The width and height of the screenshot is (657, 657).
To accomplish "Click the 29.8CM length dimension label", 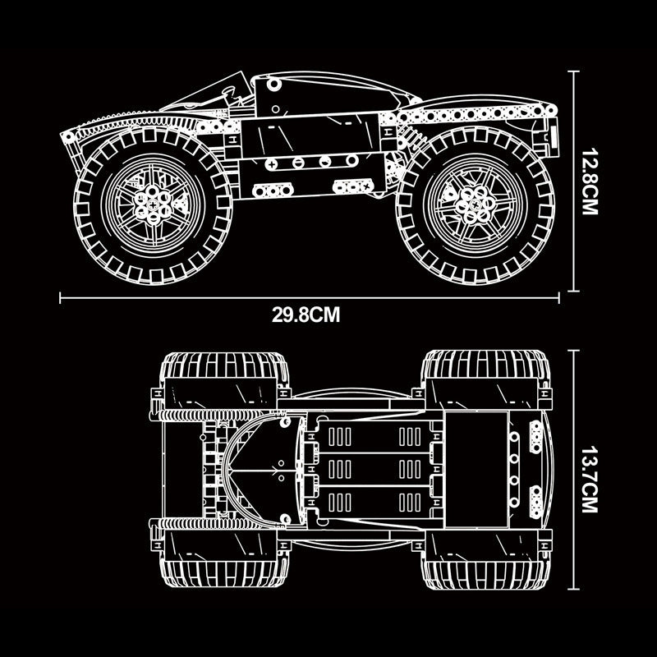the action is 306,315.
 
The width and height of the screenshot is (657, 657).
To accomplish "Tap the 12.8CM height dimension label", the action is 590,181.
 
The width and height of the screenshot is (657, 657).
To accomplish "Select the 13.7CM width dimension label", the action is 590,479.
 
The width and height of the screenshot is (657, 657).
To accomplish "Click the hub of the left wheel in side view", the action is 153,204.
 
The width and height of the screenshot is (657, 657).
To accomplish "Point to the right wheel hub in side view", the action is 476,204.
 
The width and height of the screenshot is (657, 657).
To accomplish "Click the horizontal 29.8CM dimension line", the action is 310,298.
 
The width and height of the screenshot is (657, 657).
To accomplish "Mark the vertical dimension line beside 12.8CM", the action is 573,181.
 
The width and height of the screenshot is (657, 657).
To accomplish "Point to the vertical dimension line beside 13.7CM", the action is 573,469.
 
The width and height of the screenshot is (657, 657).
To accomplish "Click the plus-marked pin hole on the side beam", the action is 271,163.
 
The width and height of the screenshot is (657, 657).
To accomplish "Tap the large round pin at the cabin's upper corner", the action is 274,85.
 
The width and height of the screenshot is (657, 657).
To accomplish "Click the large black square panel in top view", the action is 477,469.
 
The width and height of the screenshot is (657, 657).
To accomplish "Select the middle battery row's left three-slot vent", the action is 339,469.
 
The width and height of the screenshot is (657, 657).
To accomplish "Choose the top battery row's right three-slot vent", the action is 410,437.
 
